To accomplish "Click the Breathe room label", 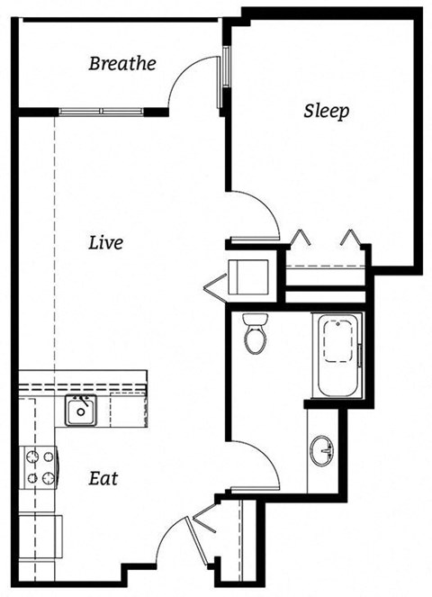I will [x=122, y=64].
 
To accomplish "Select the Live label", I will [x=105, y=242].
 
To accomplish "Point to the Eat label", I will [x=103, y=478].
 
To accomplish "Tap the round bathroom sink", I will [x=322, y=450].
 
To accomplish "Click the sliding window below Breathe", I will [x=101, y=111].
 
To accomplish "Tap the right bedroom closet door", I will [x=351, y=240].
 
